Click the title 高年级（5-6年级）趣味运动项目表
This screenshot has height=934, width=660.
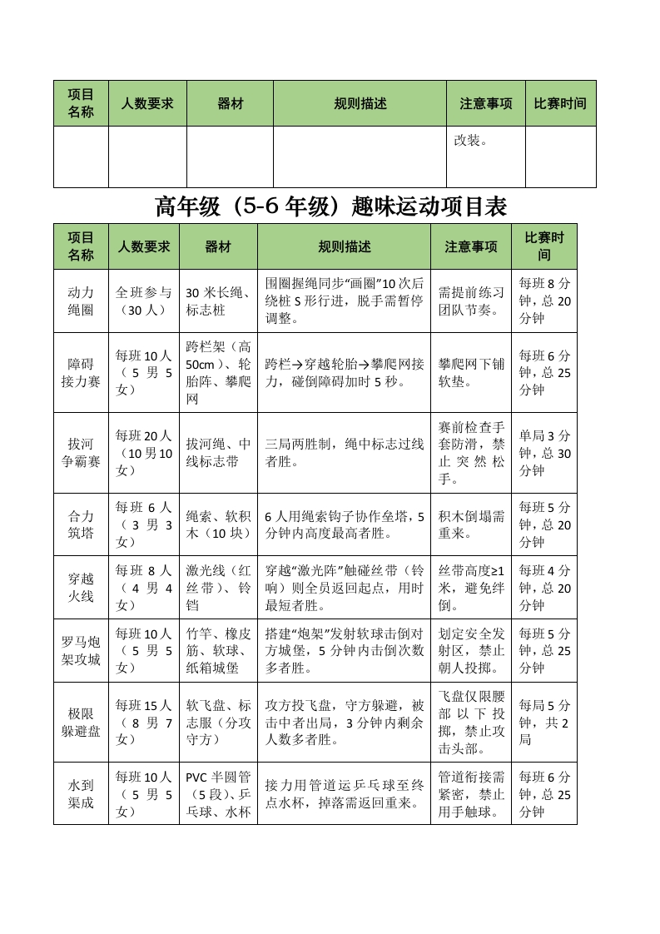[331, 206]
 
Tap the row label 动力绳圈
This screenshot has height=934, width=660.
[81, 301]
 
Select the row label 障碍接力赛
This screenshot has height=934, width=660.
[81, 372]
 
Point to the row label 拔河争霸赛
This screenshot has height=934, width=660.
[81, 452]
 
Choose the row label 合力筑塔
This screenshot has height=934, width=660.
[81, 524]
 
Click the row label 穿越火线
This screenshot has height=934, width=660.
[81, 587]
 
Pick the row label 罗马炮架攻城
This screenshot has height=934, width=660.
[81, 650]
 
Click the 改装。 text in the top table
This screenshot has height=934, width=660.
[470, 140]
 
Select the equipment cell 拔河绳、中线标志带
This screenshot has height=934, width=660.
[218, 452]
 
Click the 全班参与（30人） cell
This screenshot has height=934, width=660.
[143, 301]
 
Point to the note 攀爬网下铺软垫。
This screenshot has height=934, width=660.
[471, 372]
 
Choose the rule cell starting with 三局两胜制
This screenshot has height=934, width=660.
[344, 452]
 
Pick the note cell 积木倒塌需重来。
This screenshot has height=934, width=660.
[471, 524]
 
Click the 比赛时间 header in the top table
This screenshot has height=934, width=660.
[560, 104]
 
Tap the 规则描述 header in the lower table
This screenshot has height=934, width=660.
[344, 246]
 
